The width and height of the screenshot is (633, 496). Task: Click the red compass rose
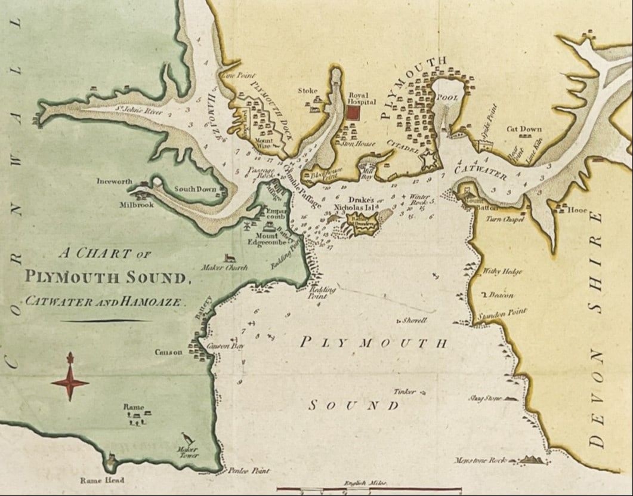pos(70,377)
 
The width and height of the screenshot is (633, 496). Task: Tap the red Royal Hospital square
pos(356,112)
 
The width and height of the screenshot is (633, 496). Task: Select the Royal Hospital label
pos(359,98)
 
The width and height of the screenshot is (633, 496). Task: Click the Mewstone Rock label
pos(480,460)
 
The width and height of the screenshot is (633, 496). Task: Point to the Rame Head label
pos(103,480)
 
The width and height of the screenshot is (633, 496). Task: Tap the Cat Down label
pos(524,129)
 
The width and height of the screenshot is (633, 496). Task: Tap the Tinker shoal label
pos(404,392)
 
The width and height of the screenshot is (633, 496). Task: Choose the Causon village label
pos(169,352)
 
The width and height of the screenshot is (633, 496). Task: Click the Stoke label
pos(308,91)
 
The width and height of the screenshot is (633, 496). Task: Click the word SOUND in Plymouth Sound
pos(353,406)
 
